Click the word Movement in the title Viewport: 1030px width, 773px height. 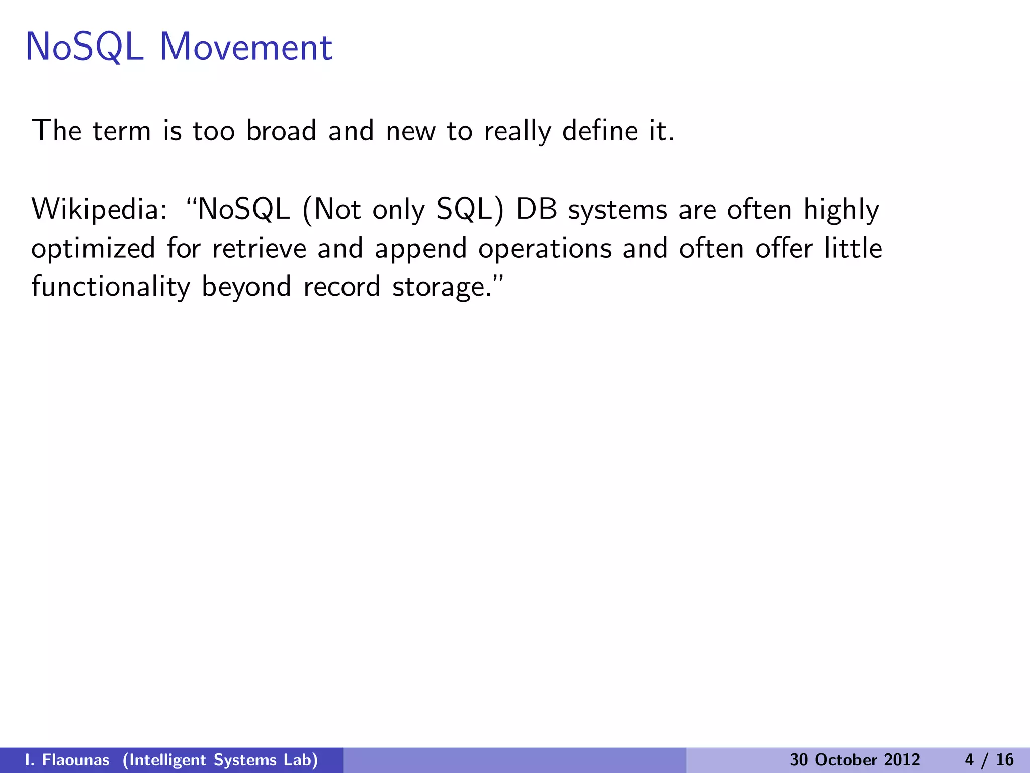pos(246,47)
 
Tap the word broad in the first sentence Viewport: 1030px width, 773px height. pos(281,131)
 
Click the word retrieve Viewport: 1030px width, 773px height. pos(259,249)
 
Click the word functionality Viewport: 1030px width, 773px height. pos(111,287)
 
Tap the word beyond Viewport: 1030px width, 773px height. pos(246,287)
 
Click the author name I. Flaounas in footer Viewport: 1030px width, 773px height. pos(67,760)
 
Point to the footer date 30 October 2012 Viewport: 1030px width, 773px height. pos(854,760)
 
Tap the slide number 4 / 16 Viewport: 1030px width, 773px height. pos(989,760)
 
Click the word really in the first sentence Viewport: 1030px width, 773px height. pos(517,132)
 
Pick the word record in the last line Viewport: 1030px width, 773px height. pos(341,287)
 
